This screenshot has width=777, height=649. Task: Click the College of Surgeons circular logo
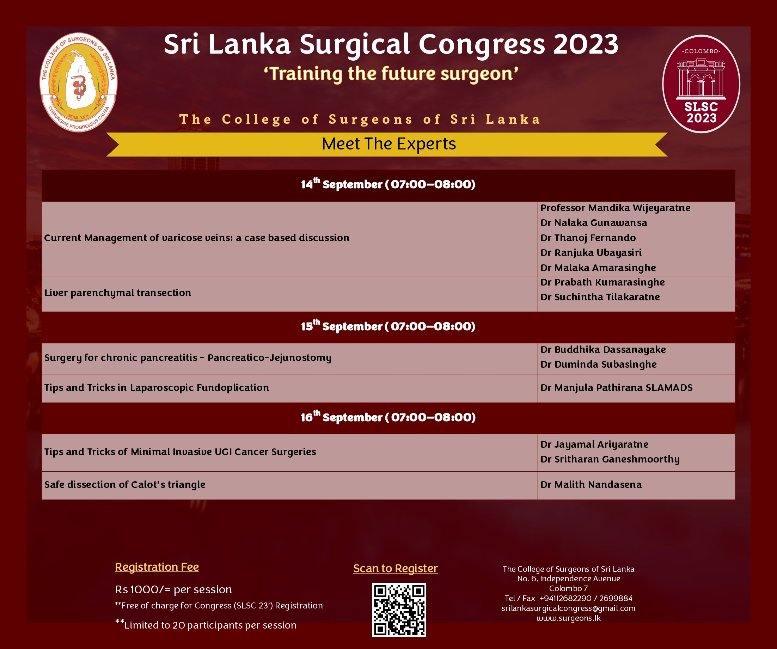(78, 82)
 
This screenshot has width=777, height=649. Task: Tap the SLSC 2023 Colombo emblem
(701, 84)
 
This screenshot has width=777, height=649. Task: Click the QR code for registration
(399, 610)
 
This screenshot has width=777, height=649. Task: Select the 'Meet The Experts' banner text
(388, 143)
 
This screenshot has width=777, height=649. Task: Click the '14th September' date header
(388, 184)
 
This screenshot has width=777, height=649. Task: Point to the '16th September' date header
(388, 417)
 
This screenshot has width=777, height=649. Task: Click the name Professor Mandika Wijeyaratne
(615, 208)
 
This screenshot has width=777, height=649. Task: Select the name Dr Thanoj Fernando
(588, 238)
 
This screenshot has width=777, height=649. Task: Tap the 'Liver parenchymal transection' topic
(118, 293)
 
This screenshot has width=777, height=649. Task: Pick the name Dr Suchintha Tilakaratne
(600, 297)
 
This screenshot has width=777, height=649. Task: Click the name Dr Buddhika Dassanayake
(603, 350)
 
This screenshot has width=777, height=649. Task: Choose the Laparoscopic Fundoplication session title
(157, 387)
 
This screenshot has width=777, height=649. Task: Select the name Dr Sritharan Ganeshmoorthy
(610, 459)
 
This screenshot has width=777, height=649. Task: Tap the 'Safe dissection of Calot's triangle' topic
(125, 484)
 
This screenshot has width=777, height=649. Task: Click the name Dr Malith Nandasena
(591, 484)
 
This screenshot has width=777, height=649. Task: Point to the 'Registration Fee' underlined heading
(157, 567)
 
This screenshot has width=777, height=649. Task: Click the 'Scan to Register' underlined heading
(396, 568)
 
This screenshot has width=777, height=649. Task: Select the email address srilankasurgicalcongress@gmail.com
(568, 608)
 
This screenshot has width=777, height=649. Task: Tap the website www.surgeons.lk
(568, 618)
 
